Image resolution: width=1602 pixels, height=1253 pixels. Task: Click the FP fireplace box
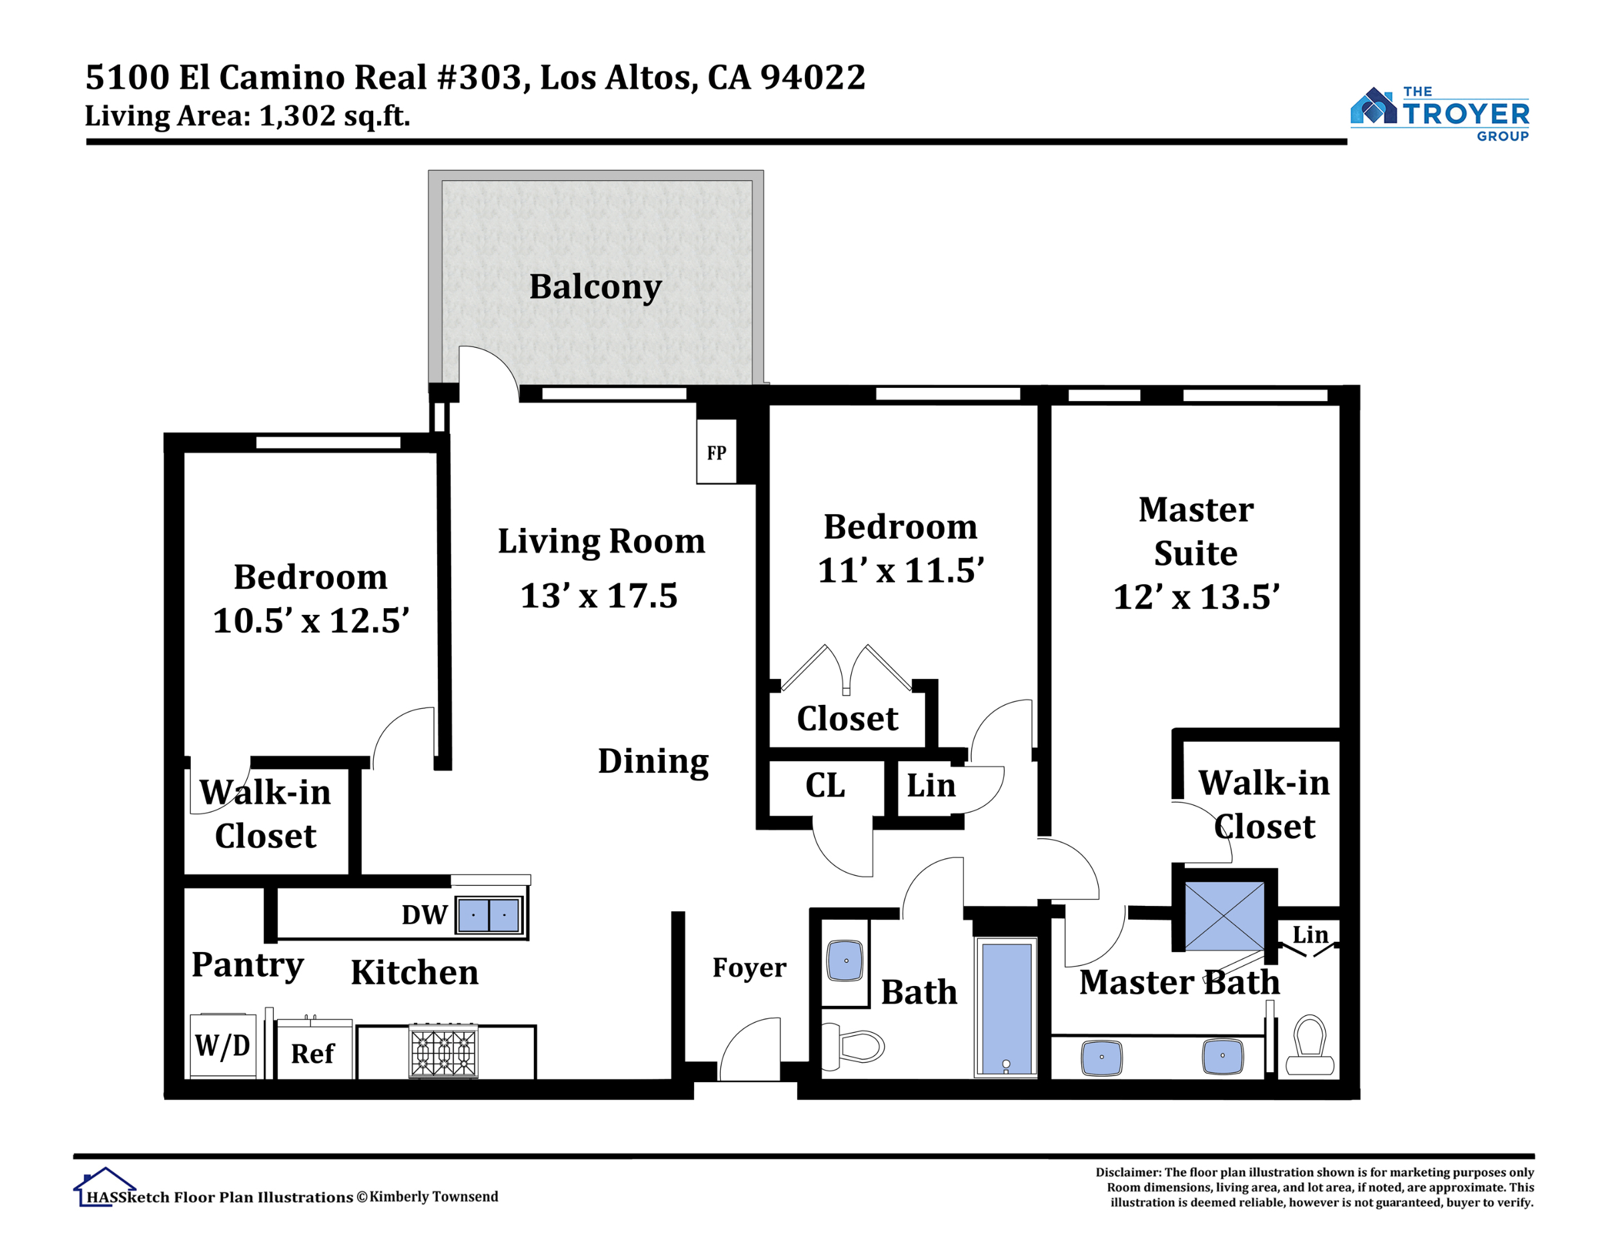click(716, 451)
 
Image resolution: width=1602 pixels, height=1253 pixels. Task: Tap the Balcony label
click(595, 287)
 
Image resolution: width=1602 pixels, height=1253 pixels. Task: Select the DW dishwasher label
click(424, 915)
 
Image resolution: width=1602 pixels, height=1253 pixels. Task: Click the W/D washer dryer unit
click(223, 1046)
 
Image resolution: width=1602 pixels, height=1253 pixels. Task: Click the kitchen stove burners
click(443, 1051)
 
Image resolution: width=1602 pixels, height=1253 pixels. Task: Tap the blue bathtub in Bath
click(1006, 1009)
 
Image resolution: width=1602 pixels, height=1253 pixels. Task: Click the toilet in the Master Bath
click(1310, 1045)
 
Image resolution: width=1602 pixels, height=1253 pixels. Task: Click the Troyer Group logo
click(1439, 113)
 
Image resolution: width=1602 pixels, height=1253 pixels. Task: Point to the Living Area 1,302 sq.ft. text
click(247, 116)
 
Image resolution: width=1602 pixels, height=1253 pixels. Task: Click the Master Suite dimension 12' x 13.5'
click(1196, 596)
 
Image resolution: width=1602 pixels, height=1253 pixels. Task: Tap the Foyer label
click(749, 968)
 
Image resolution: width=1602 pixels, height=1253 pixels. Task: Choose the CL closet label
click(824, 786)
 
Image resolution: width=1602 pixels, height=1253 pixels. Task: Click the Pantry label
click(247, 965)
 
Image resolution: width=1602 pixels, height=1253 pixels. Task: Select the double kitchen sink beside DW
click(489, 915)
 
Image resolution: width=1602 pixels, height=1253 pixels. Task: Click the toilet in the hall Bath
click(853, 1045)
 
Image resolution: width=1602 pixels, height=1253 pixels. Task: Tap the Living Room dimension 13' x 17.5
click(599, 595)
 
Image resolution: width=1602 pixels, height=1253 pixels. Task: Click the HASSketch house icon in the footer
click(103, 1188)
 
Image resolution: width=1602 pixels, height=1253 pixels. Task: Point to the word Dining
click(653, 762)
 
